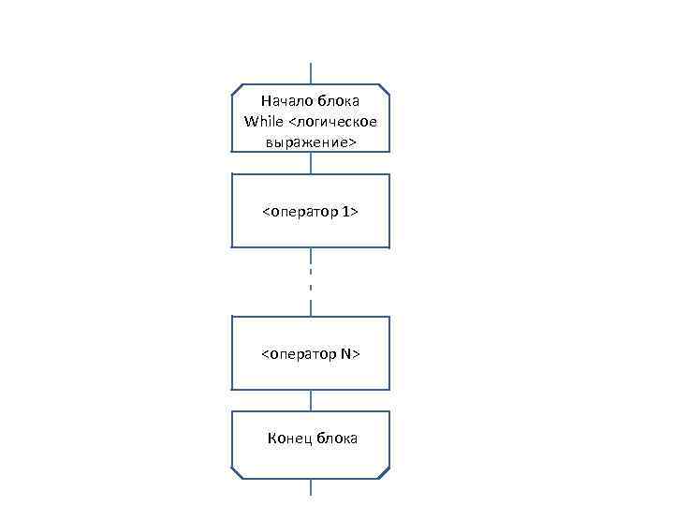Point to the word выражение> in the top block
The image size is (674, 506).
pyautogui.click(x=310, y=142)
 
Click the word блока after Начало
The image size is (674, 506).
pyautogui.click(x=339, y=100)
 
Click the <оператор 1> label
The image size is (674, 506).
pyautogui.click(x=310, y=212)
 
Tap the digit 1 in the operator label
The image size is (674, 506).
pyautogui.click(x=347, y=212)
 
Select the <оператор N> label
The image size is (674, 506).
pyautogui.click(x=310, y=354)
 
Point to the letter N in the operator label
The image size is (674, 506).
pyautogui.click(x=345, y=354)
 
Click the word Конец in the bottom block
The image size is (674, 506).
pyautogui.click(x=290, y=438)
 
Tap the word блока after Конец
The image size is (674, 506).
pyautogui.click(x=337, y=438)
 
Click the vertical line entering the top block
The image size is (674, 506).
pyautogui.click(x=311, y=73)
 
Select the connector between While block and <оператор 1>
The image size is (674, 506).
pyautogui.click(x=311, y=163)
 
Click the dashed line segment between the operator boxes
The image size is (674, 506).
pyautogui.click(x=311, y=281)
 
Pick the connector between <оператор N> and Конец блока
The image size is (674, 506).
pyautogui.click(x=311, y=400)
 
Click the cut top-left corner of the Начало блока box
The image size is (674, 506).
pyautogui.click(x=236, y=89)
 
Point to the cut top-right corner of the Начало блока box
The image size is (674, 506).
pyautogui.click(x=385, y=89)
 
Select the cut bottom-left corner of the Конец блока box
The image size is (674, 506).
pyautogui.click(x=236, y=474)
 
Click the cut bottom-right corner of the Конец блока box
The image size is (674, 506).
pyautogui.click(x=385, y=474)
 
